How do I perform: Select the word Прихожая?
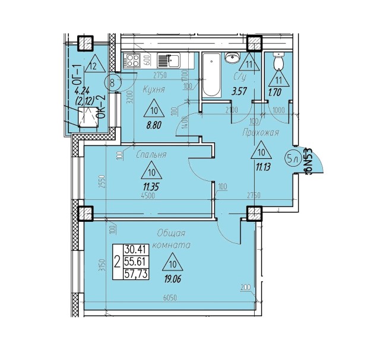click(x=261, y=133)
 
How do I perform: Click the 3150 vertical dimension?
click(x=102, y=261)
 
